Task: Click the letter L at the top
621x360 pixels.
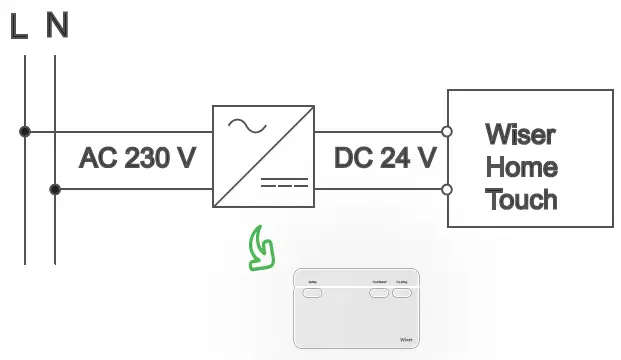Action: pos(18,26)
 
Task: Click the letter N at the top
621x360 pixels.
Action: pos(57,26)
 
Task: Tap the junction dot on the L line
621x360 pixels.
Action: pos(25,131)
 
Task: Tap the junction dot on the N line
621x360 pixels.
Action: pos(55,189)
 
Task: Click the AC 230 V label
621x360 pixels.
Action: pos(137,159)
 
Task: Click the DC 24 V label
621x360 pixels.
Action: pos(385,159)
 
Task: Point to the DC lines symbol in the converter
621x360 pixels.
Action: pos(285,186)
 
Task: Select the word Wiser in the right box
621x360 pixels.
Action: pos(520,134)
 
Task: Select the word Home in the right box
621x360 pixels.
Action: pos(521,166)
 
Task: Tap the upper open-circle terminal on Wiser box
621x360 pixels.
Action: pos(447,131)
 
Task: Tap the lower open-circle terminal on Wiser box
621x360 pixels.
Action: pos(447,189)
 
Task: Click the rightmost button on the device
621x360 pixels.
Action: pos(402,295)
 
